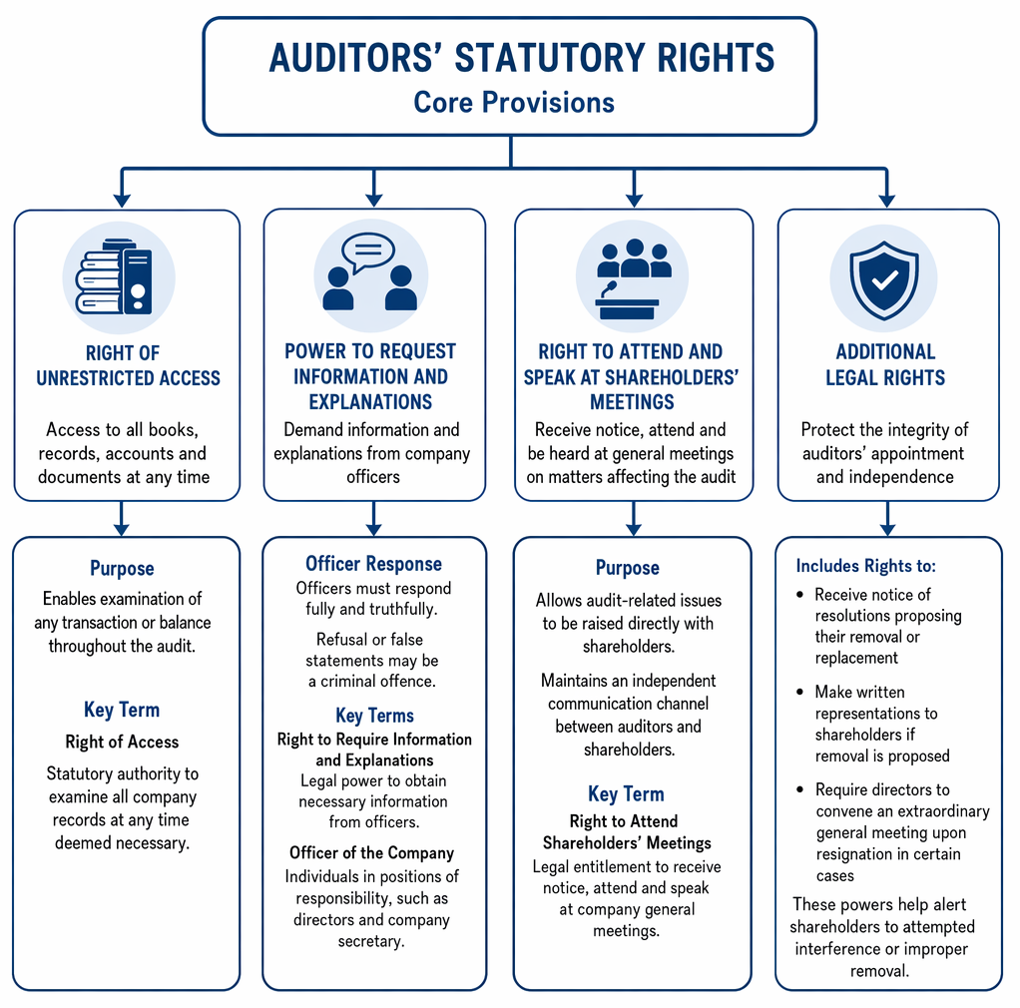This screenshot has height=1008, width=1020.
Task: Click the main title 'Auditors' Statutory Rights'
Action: (x=521, y=57)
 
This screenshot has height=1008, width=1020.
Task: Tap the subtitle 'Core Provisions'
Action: (x=514, y=102)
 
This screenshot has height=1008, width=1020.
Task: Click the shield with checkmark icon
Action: (x=884, y=280)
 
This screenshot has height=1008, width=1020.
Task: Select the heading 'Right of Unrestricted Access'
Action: (x=128, y=365)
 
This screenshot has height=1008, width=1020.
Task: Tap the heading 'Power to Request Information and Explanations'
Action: (x=371, y=376)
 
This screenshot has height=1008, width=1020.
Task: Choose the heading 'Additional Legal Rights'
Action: (x=885, y=365)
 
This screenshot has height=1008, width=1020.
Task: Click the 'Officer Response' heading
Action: (x=373, y=563)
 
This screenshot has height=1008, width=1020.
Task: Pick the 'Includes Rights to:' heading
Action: (x=866, y=566)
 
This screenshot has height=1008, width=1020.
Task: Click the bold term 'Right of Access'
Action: (x=122, y=742)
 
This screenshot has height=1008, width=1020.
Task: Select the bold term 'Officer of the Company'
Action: (x=371, y=852)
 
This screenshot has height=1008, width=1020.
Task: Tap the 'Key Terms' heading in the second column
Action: (x=374, y=716)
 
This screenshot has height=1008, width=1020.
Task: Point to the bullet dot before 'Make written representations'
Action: (x=800, y=692)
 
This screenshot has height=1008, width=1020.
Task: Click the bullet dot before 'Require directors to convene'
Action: (x=800, y=789)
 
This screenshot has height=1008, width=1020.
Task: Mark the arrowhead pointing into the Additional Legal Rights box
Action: (x=886, y=201)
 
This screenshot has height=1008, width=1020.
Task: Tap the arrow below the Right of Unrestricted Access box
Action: (x=121, y=518)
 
